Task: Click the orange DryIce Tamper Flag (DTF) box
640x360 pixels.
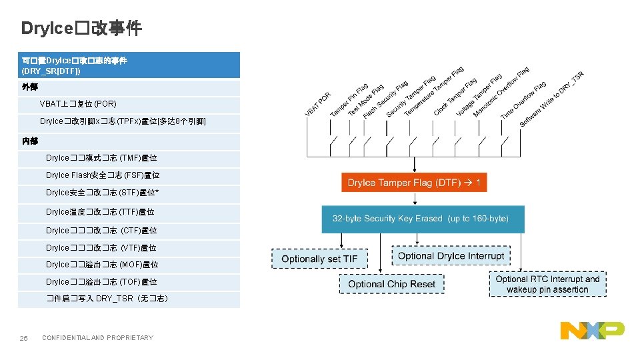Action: (414, 183)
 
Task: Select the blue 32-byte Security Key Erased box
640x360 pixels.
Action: (423, 219)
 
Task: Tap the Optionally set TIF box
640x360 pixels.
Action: (319, 259)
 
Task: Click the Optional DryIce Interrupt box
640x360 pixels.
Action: (451, 256)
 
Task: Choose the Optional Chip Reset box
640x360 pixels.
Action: (391, 284)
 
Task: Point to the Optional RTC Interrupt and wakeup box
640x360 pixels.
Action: (547, 284)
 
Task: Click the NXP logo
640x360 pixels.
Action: (592, 330)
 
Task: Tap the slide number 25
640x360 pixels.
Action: (23, 339)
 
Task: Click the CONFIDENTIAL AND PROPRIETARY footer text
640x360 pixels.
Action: (97, 338)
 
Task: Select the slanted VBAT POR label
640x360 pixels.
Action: (317, 105)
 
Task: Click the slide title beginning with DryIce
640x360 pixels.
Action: (81, 28)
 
